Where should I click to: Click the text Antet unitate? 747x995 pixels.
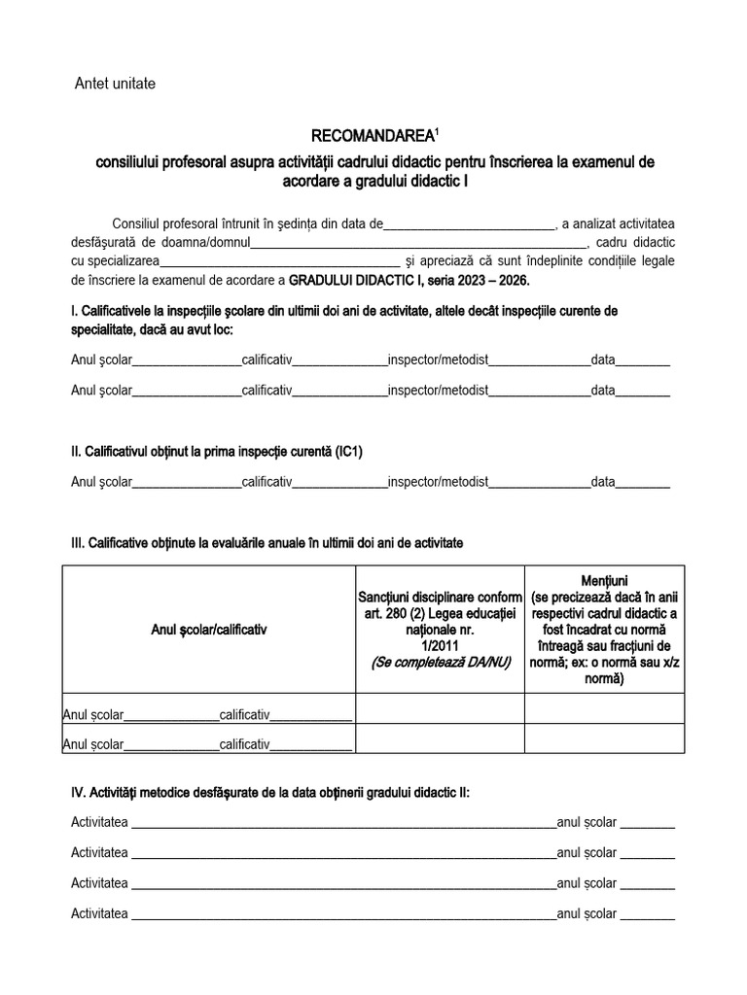(x=115, y=84)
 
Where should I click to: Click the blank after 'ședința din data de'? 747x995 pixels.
(x=469, y=224)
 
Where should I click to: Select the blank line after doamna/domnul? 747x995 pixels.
(x=419, y=242)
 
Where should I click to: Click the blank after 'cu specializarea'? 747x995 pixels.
(x=279, y=260)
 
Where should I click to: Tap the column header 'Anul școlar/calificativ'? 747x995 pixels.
(x=210, y=630)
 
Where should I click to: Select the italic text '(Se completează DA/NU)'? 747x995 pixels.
(x=441, y=662)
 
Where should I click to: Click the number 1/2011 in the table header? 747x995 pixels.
(x=441, y=645)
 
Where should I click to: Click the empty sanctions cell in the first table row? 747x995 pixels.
(x=441, y=709)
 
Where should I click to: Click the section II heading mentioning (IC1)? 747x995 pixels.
(x=217, y=452)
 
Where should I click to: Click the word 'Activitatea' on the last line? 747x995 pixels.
(x=99, y=913)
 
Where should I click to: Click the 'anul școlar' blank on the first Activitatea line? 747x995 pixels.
(x=647, y=823)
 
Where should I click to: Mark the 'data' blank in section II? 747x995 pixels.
(x=643, y=482)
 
